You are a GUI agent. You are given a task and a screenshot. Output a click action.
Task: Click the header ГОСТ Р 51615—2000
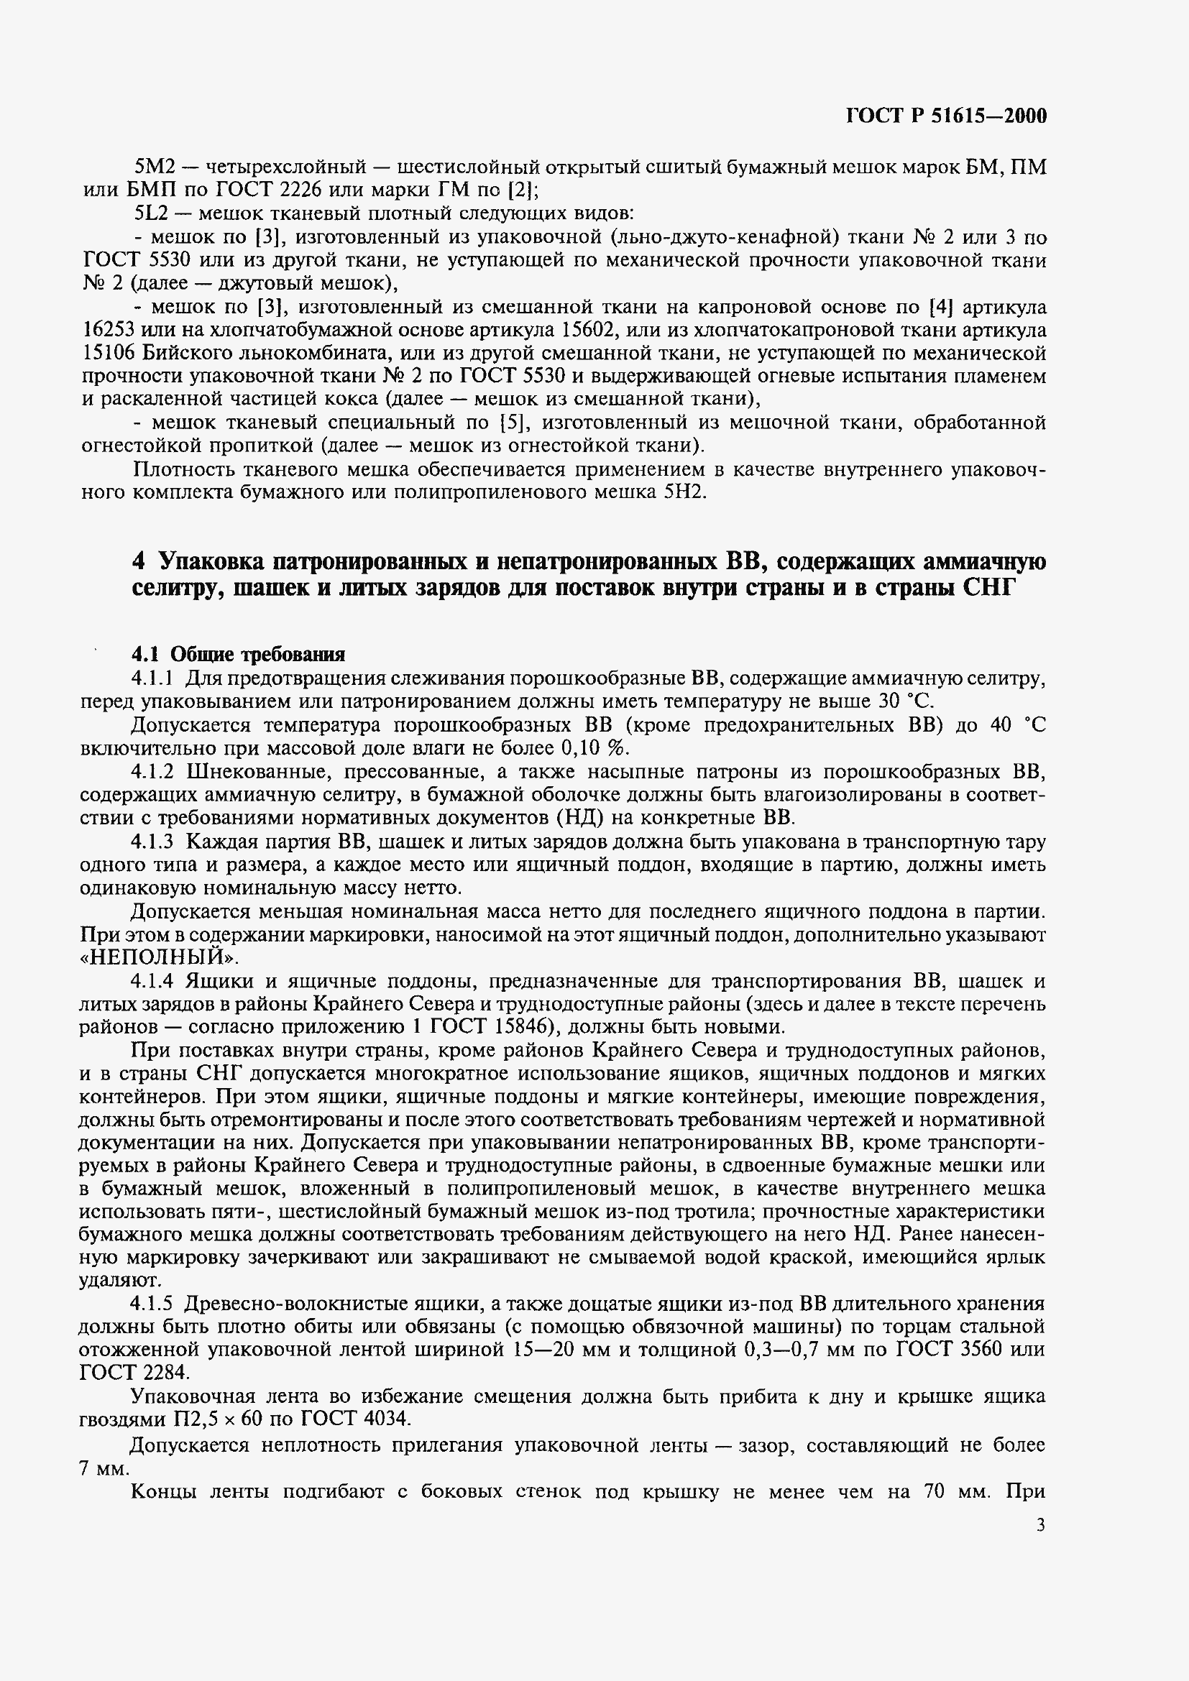tap(946, 116)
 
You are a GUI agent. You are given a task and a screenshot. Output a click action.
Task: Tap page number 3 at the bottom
tap(1040, 1525)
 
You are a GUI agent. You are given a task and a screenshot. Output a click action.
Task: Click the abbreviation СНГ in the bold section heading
tap(986, 588)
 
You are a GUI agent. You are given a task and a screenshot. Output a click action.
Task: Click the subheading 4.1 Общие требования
tap(238, 654)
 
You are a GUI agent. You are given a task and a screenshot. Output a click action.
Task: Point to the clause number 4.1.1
tap(152, 678)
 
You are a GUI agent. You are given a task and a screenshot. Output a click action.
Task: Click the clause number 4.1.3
tap(152, 842)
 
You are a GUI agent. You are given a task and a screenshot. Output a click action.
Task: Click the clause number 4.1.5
tap(152, 1304)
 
